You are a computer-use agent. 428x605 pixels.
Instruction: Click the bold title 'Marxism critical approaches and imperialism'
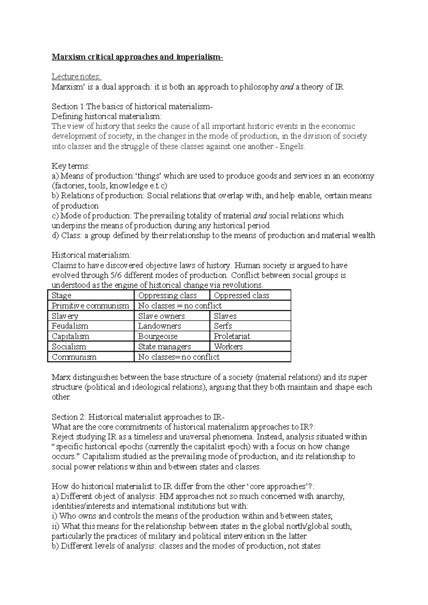tap(137, 57)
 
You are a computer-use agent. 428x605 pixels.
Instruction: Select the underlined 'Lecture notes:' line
tap(76, 77)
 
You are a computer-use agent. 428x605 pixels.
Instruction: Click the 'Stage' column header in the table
tap(62, 295)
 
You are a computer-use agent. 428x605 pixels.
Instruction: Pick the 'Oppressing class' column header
tap(167, 295)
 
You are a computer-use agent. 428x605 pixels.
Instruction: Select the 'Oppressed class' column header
tap(241, 295)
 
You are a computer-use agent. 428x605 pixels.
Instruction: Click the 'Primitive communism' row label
tap(90, 306)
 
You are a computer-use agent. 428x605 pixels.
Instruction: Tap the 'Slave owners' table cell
tap(161, 316)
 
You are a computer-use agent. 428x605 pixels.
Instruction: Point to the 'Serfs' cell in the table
tap(223, 326)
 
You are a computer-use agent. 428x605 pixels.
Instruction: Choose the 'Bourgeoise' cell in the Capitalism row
tap(158, 336)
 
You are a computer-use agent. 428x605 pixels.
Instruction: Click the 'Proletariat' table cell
tap(232, 336)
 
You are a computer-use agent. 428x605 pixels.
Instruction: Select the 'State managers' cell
tap(164, 347)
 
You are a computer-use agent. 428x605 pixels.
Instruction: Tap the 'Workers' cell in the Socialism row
tap(228, 347)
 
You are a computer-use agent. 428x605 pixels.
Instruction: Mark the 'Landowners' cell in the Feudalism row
tap(159, 326)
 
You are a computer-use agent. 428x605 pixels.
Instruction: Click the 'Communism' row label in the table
tap(74, 357)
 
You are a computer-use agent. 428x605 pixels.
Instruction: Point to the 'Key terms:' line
tap(71, 166)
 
